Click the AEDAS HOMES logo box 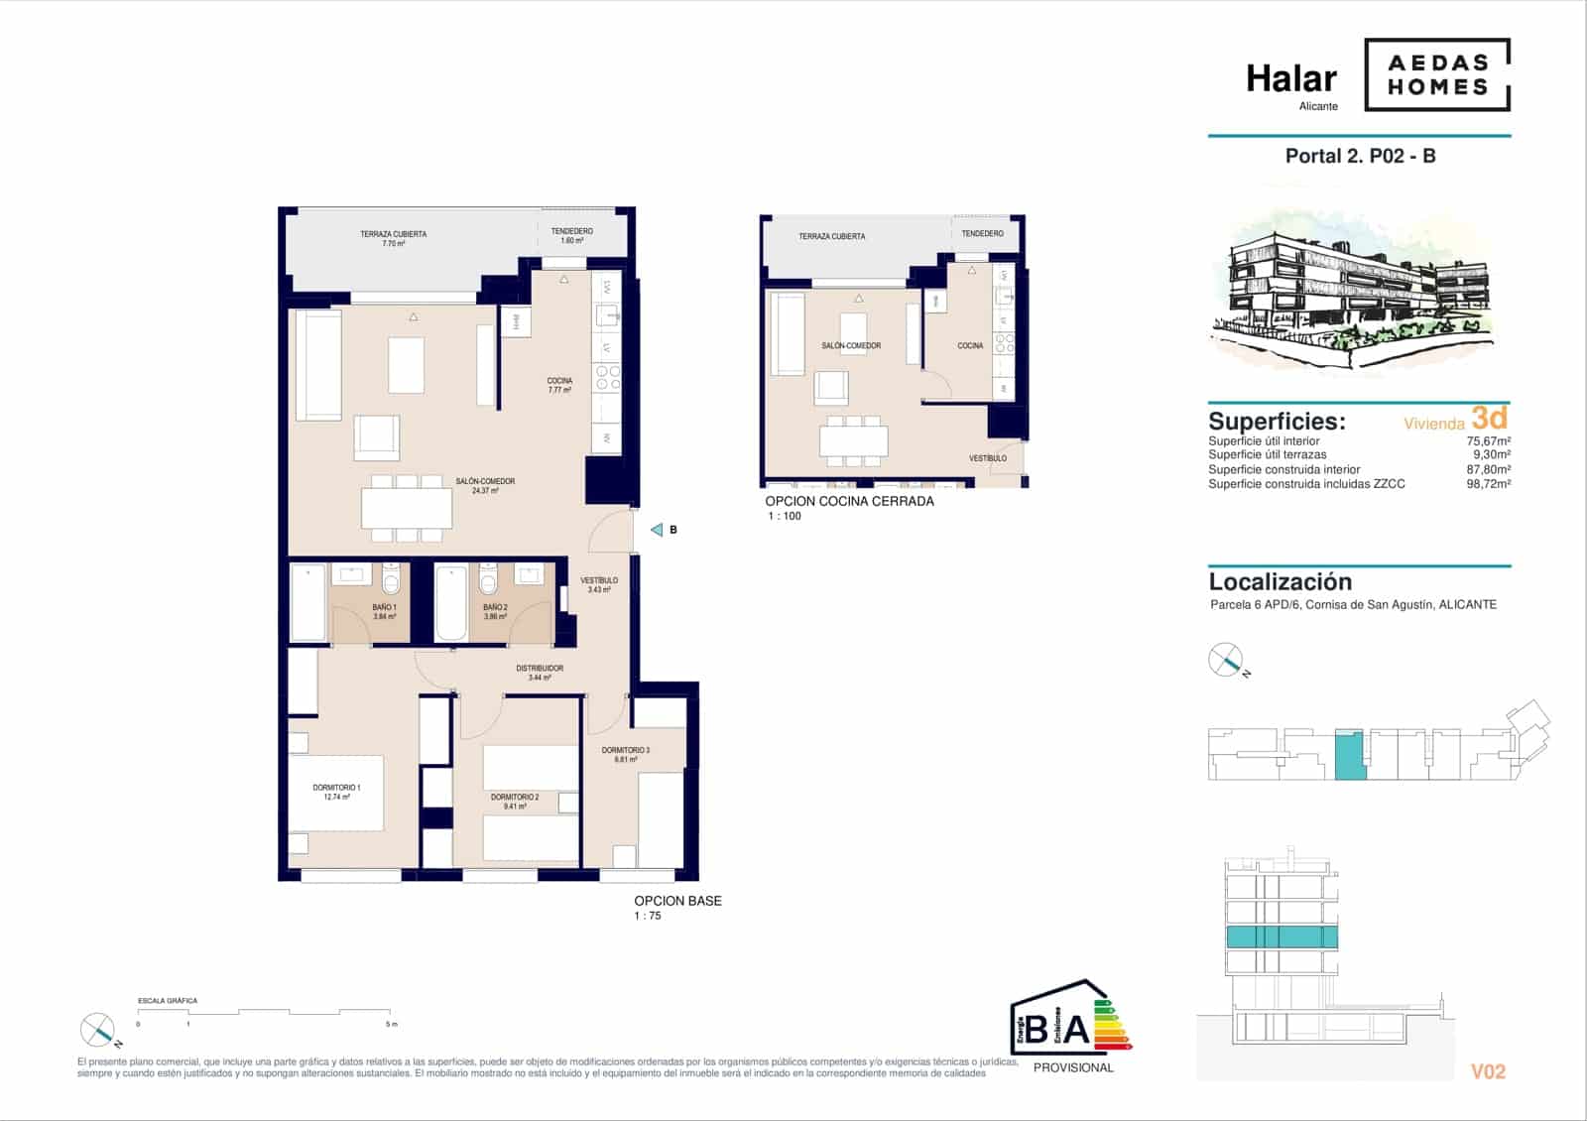tap(1437, 74)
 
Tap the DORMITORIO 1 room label tap(336, 792)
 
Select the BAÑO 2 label tap(495, 611)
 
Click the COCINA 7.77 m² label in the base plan tap(559, 385)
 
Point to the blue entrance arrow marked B tap(657, 530)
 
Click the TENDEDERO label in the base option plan tap(572, 235)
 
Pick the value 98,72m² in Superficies tap(1488, 484)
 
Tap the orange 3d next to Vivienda tap(1490, 418)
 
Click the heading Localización tap(1280, 582)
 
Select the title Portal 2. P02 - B tap(1360, 156)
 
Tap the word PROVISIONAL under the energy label tap(1073, 1067)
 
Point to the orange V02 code tap(1488, 1071)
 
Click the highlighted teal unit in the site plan tap(1349, 755)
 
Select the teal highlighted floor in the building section tap(1282, 936)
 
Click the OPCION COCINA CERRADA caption tap(849, 501)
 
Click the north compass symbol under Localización tap(1226, 660)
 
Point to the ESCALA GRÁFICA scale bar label tap(167, 1001)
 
